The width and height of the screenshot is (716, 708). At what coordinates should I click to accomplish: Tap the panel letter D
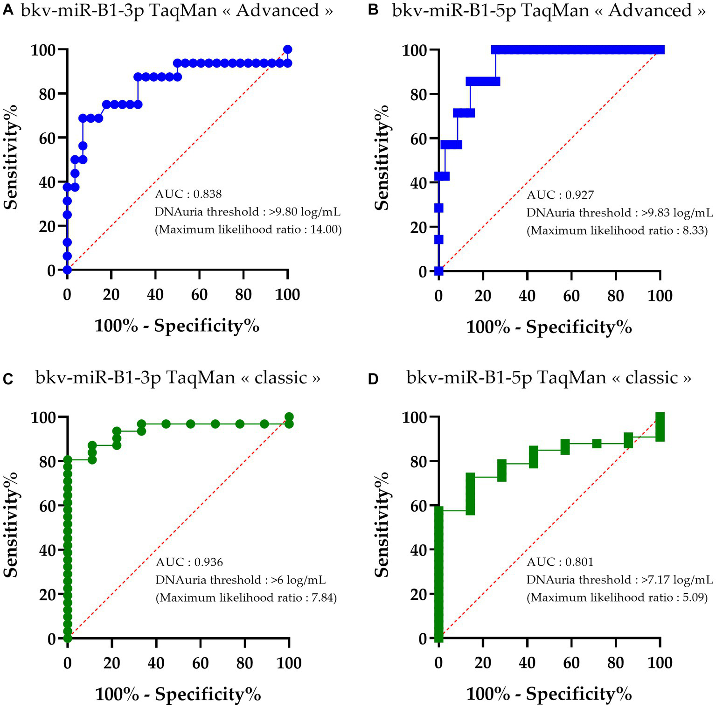[373, 379]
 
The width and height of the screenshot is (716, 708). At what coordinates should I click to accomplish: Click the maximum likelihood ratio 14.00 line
[248, 229]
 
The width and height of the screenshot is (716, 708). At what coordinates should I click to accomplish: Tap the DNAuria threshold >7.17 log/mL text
[619, 580]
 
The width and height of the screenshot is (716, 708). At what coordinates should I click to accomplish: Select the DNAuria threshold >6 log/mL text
[241, 580]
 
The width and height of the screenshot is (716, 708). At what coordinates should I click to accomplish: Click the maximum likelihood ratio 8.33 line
[617, 230]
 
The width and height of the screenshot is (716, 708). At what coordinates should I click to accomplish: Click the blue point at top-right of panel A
[288, 49]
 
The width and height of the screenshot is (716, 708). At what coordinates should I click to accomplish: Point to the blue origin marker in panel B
[438, 271]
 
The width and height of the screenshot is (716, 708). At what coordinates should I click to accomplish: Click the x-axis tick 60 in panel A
[200, 295]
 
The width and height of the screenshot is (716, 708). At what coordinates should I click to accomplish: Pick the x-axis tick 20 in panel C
[112, 663]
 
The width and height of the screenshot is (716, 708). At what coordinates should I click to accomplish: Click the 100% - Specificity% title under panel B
[549, 327]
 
